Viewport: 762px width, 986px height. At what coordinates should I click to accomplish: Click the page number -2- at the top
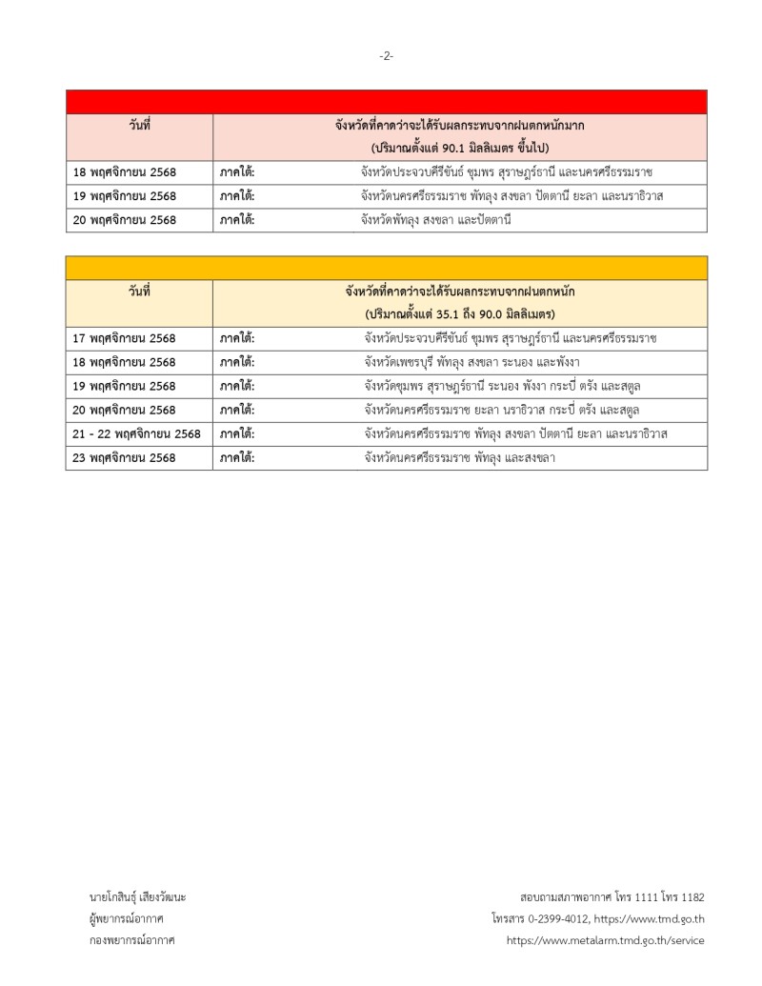(386, 56)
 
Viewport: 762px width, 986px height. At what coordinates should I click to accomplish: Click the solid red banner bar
(386, 102)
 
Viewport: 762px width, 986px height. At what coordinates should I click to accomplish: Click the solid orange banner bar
(386, 268)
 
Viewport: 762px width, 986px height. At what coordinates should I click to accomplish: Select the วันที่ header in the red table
(140, 126)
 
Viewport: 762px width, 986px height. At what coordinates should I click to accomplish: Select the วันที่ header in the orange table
(140, 292)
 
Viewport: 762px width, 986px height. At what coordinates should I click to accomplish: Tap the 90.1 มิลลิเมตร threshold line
(460, 149)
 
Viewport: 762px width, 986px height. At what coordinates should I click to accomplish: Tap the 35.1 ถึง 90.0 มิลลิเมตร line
(460, 314)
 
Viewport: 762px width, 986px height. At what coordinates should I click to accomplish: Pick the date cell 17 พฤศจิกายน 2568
(125, 338)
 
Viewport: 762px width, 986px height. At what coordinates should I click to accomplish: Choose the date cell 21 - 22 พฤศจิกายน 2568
(136, 433)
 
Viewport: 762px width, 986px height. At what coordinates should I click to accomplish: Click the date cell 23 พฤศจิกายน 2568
(125, 457)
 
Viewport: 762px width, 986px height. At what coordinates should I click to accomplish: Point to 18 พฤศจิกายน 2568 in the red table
(125, 172)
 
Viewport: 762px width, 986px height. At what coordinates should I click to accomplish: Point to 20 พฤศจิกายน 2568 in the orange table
(125, 410)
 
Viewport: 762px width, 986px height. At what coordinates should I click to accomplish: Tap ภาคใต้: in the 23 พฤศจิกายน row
(237, 457)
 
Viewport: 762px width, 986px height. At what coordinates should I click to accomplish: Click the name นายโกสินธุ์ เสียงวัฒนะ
(137, 897)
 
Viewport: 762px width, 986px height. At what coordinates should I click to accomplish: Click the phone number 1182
(691, 897)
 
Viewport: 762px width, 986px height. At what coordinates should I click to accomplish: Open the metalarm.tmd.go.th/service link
(606, 940)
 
